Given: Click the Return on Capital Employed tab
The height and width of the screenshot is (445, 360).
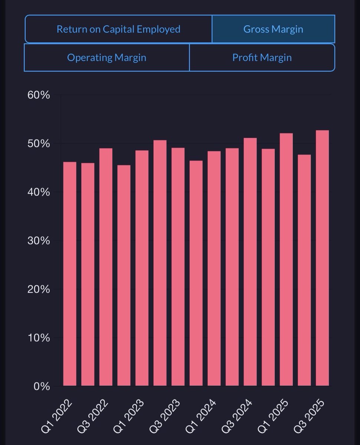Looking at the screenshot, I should [x=118, y=29].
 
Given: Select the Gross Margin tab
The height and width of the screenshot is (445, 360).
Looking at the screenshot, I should [x=273, y=29].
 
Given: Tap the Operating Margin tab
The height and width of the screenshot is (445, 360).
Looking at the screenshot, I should [x=107, y=58].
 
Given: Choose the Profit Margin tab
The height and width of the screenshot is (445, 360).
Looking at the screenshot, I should [x=262, y=58].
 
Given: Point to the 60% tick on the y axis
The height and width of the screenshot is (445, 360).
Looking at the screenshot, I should [x=39, y=95].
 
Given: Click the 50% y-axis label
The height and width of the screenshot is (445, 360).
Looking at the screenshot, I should [x=39, y=144].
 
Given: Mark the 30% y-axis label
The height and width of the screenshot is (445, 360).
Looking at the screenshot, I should [x=39, y=241].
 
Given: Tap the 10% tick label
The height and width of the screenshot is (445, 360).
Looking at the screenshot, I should [x=39, y=338].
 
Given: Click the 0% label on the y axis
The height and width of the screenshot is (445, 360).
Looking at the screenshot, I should [x=42, y=386].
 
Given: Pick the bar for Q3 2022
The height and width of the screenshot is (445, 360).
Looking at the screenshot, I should [x=106, y=267].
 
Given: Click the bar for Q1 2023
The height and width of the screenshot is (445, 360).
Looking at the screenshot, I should [x=142, y=268].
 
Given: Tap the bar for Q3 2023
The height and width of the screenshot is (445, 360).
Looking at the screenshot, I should [x=178, y=267].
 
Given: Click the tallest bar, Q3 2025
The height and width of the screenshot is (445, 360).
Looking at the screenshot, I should [x=322, y=258].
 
